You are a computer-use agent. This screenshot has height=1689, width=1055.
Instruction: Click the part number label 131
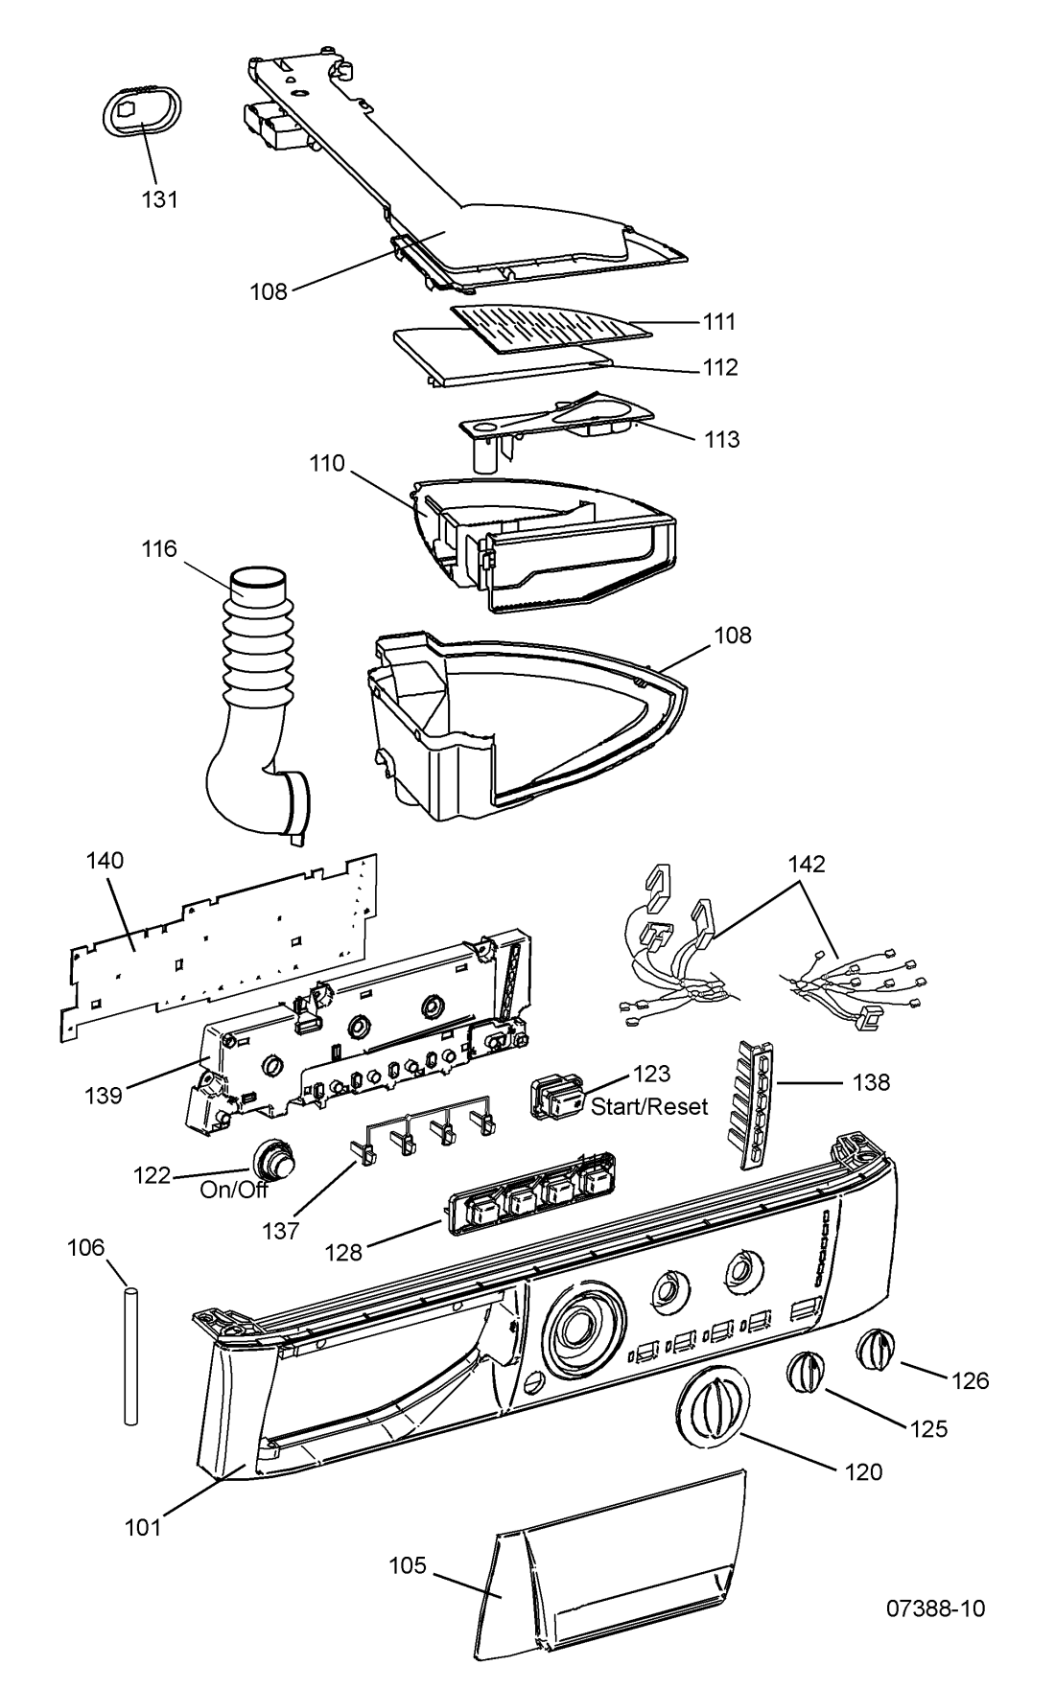point(161,199)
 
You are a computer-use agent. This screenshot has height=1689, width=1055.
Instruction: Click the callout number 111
point(718,322)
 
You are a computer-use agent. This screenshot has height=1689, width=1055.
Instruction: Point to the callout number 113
point(722,439)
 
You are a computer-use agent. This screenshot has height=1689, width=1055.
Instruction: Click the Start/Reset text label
point(649,1107)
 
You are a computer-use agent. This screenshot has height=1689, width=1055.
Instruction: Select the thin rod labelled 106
point(130,1357)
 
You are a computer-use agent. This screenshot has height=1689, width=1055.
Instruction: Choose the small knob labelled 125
point(806,1372)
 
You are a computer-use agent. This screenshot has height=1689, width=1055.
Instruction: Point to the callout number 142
point(807,864)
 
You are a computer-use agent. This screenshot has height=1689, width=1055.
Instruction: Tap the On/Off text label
point(234,1190)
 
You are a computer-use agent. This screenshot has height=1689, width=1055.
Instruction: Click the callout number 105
point(407,1565)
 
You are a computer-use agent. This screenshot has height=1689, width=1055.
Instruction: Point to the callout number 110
point(328,464)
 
